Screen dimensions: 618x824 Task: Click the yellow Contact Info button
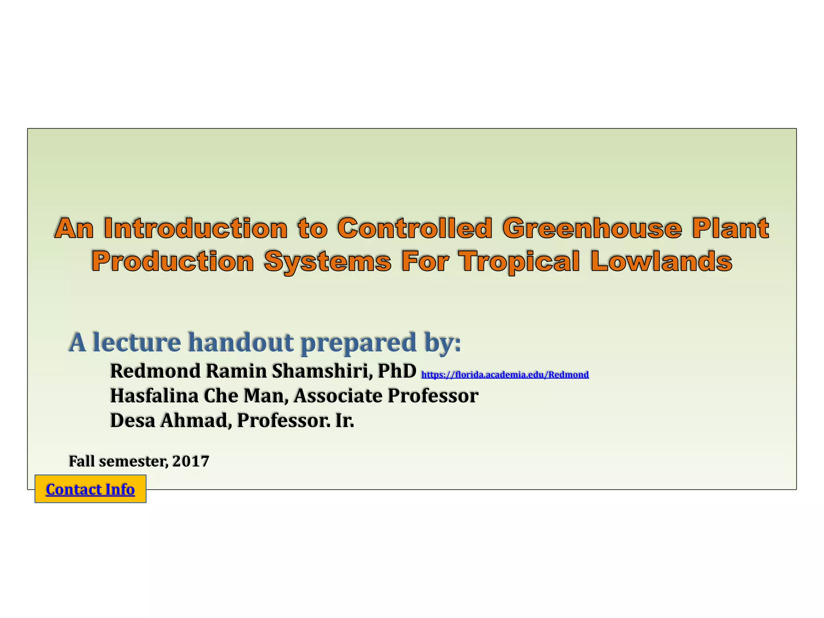point(90,489)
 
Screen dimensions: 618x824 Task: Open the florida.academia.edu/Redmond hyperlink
point(505,375)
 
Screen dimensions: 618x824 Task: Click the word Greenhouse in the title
point(592,228)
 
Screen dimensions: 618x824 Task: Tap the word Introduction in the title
point(196,228)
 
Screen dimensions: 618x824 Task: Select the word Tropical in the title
point(520,261)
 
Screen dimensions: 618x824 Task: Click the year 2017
point(191,461)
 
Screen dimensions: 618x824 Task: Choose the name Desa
point(132,420)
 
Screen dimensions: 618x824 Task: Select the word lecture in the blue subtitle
point(137,342)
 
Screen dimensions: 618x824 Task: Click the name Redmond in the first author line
point(155,371)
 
